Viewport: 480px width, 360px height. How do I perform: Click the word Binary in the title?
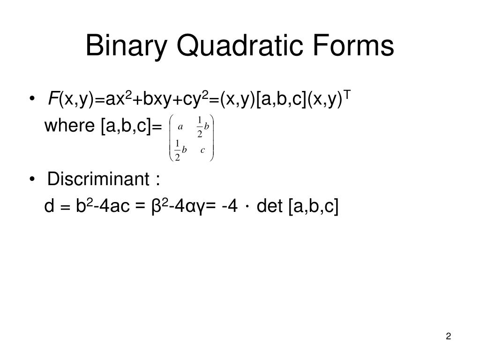tap(123, 47)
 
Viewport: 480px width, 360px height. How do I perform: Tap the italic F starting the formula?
tap(53, 99)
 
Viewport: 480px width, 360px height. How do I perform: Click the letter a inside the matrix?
tap(180, 126)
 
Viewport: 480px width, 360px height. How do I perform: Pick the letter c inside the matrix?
tap(202, 150)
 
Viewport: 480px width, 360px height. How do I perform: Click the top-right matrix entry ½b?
tap(202, 127)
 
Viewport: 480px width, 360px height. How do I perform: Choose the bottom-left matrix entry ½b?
tap(180, 150)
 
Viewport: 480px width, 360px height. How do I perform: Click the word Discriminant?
tap(98, 179)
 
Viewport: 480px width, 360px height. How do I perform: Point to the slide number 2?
tap(449, 336)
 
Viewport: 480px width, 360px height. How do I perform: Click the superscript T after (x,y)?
tap(348, 95)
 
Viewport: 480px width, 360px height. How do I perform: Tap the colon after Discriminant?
tap(158, 180)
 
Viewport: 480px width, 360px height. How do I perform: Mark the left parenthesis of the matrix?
tap(171, 137)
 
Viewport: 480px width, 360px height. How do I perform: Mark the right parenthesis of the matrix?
tap(212, 137)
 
